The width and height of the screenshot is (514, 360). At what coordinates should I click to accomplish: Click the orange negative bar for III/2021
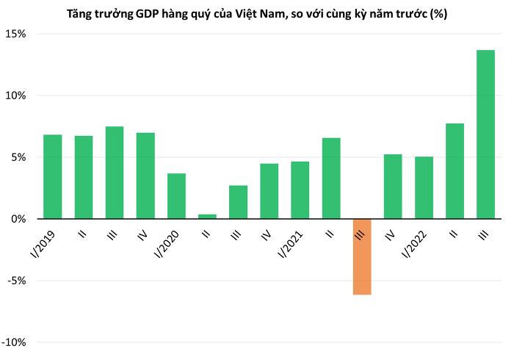click(x=362, y=256)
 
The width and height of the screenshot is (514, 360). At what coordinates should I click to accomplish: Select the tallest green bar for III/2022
click(x=485, y=134)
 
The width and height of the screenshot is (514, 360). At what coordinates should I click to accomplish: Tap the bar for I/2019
click(x=53, y=176)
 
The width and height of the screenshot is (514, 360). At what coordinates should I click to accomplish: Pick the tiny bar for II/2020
click(x=207, y=216)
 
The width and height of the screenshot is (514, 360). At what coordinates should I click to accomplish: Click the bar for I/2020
click(x=176, y=196)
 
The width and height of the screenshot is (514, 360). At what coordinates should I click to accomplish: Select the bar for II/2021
click(x=331, y=179)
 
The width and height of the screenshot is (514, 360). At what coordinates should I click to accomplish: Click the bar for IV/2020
click(x=269, y=191)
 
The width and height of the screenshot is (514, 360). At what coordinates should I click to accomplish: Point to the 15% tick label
click(x=17, y=34)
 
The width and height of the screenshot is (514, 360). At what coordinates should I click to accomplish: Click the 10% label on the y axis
click(x=17, y=96)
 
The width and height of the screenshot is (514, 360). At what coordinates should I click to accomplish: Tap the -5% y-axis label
click(x=17, y=281)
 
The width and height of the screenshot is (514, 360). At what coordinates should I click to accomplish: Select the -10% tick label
click(x=15, y=342)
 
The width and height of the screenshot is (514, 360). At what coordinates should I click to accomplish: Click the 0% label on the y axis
click(x=19, y=219)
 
